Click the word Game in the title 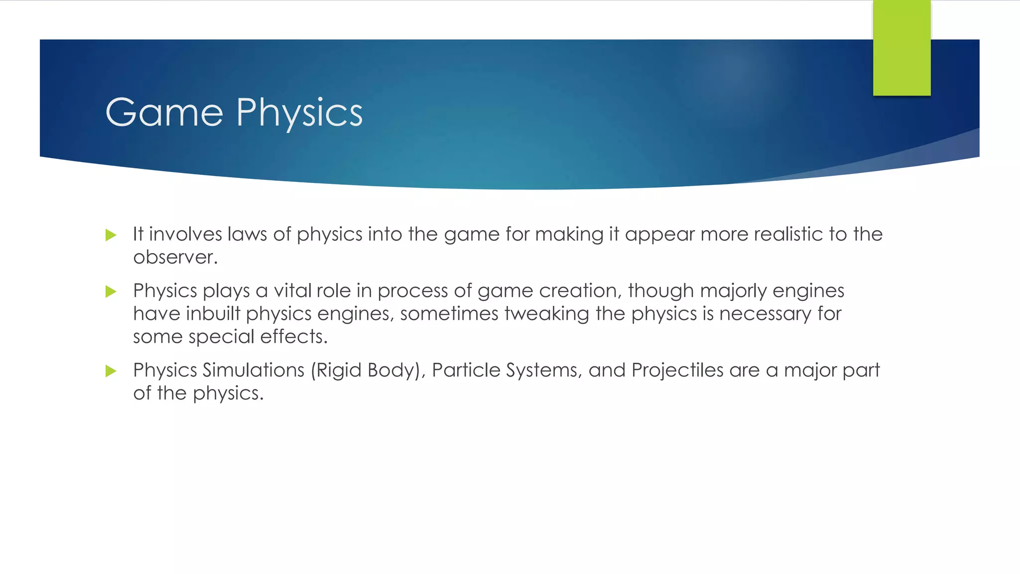coord(164,113)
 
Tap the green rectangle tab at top coord(901,48)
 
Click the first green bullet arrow coord(111,235)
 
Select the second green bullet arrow coord(111,291)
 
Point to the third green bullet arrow coord(111,371)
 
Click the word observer coord(175,258)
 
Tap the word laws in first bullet coord(247,234)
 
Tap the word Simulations coord(254,370)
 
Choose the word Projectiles coord(677,370)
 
